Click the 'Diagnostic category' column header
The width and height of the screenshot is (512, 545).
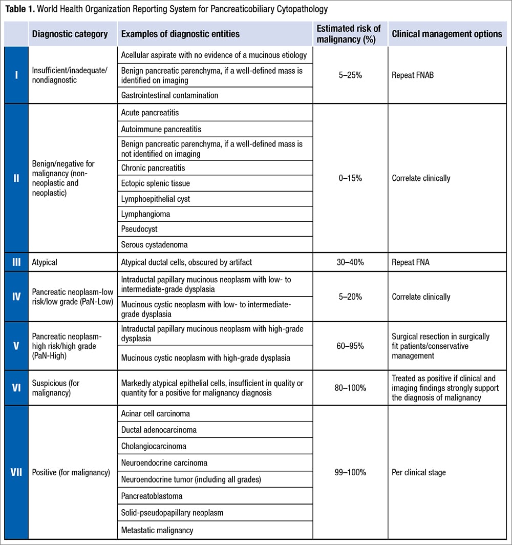click(70, 34)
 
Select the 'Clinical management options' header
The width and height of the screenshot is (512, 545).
click(447, 34)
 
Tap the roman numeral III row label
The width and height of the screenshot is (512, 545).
click(16, 262)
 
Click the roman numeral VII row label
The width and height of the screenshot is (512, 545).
click(16, 472)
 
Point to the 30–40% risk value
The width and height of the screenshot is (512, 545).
click(350, 262)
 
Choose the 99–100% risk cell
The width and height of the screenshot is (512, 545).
click(350, 472)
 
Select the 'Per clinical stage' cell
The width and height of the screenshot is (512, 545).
click(419, 472)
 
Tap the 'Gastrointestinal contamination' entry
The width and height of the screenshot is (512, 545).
click(169, 95)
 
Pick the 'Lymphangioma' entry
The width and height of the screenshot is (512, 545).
click(145, 214)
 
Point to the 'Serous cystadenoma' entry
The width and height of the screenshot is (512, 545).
click(154, 245)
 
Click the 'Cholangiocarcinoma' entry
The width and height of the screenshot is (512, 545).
click(154, 446)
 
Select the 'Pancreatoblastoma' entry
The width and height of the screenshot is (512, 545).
click(152, 496)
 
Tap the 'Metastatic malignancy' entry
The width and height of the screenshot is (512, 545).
click(157, 530)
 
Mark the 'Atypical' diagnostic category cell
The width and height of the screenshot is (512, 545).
click(45, 262)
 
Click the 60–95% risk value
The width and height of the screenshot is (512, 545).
click(350, 346)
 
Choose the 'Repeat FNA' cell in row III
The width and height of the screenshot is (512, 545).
click(411, 262)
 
